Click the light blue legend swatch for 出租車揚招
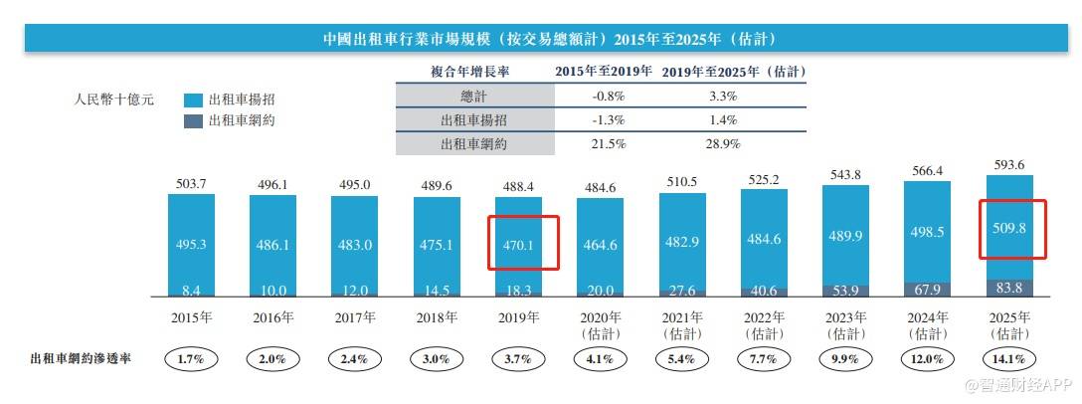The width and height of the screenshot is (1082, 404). (x=193, y=101)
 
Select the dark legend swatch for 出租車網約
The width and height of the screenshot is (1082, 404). (x=193, y=120)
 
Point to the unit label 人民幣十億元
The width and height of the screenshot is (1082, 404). (x=113, y=100)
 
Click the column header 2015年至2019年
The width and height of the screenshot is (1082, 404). (x=603, y=72)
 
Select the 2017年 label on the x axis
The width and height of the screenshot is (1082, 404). (x=354, y=318)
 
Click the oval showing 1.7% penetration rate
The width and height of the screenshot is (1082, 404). (x=190, y=358)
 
